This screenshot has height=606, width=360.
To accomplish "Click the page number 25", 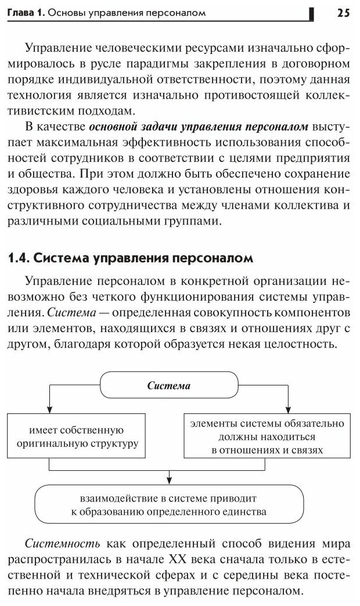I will [x=343, y=13].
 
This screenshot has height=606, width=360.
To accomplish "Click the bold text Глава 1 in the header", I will [x=22, y=13].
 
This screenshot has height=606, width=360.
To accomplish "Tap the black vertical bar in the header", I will [x=312, y=13].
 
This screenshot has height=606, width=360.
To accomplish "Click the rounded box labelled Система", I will [x=169, y=385].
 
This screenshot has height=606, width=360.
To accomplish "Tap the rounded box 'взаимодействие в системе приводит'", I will [x=169, y=504].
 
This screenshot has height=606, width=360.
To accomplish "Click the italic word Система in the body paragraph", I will [x=69, y=313].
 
